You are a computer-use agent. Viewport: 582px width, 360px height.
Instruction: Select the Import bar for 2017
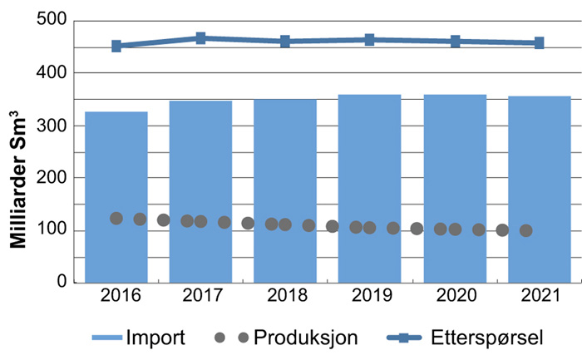[x=200, y=192]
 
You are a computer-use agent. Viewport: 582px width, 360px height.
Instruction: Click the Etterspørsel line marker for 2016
[x=116, y=46]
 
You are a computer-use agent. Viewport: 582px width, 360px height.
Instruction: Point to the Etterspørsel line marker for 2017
[x=200, y=38]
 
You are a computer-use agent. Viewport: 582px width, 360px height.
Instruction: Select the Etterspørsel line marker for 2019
[x=370, y=39]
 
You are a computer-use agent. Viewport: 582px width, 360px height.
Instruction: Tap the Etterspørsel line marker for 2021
[x=539, y=42]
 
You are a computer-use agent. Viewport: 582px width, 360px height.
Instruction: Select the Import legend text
[x=155, y=338]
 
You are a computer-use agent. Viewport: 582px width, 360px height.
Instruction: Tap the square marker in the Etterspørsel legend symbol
[x=411, y=338]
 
